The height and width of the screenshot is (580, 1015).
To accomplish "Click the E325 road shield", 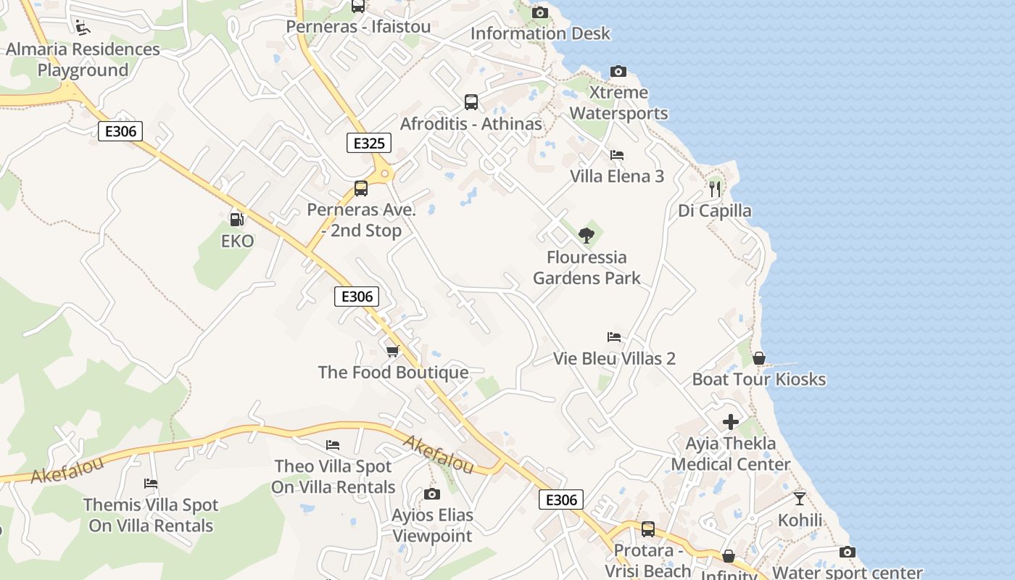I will click(x=368, y=143).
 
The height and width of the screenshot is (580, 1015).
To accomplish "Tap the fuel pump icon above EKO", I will click(x=236, y=219).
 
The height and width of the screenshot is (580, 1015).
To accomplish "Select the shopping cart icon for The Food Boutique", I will click(x=392, y=351).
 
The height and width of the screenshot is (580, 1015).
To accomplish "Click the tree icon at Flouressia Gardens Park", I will click(x=587, y=235).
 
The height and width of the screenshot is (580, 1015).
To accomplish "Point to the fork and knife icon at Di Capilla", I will click(x=715, y=189).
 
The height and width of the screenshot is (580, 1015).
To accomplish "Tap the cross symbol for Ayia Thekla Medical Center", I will click(x=731, y=421).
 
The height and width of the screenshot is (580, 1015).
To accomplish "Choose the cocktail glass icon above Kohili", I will click(x=799, y=498).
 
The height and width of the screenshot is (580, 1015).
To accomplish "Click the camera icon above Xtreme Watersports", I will click(x=618, y=71).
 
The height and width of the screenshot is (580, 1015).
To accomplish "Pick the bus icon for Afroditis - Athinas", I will click(x=471, y=102).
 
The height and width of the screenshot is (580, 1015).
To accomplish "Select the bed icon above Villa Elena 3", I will click(x=617, y=154).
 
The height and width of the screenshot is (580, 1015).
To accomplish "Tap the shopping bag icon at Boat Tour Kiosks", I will click(x=759, y=358).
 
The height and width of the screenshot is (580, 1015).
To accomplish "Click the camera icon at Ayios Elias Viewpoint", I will click(x=432, y=494).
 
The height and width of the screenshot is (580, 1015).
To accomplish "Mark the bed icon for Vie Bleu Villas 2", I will click(x=614, y=336).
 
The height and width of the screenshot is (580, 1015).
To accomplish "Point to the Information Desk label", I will click(x=540, y=33).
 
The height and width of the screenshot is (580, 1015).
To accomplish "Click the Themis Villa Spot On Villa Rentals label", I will click(x=151, y=515).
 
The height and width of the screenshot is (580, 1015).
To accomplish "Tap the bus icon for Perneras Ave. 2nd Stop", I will click(x=361, y=188).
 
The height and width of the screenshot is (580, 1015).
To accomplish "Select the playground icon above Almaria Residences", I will click(x=83, y=28).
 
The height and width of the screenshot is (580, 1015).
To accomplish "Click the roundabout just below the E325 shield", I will click(x=384, y=173).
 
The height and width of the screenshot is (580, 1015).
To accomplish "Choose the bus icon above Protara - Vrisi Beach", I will click(x=648, y=529).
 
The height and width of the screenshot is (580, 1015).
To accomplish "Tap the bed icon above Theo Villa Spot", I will click(x=333, y=444).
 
